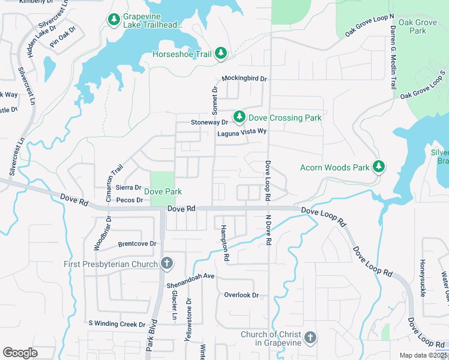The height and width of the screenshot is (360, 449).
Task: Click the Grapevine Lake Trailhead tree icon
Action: pos(113,20)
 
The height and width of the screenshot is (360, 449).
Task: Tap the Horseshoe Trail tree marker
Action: pos(221,54)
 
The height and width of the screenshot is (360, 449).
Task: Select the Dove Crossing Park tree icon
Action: pos(239,116)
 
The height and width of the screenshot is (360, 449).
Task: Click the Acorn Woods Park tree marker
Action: pos(378,166)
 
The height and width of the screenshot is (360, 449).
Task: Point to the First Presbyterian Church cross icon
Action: pos(166,263)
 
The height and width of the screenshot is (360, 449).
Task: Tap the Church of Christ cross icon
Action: pos(310,338)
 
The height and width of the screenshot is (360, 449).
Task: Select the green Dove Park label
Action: pos(163,192)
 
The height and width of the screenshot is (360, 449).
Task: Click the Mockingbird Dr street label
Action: pos(244,79)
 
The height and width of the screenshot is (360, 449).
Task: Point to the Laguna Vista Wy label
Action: pos(241,131)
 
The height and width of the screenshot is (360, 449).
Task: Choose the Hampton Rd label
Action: pos(224,243)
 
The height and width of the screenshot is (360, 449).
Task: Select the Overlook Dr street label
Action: pos(241,295)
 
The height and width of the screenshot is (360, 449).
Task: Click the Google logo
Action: pos(20,353)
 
